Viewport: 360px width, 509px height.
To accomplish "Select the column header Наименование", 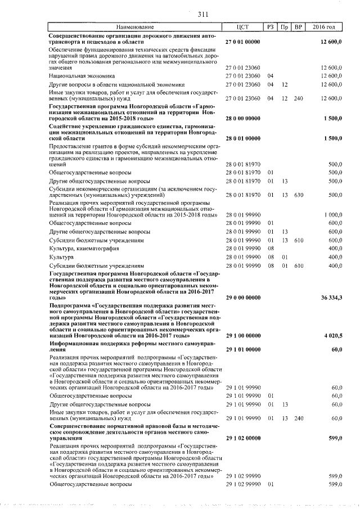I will pos(135,27).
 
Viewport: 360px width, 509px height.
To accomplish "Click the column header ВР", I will pos(298,27).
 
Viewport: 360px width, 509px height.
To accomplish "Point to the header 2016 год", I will pos(326,27).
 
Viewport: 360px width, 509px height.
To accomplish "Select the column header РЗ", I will pos(271,27).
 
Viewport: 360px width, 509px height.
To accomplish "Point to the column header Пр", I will pos(285,27).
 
